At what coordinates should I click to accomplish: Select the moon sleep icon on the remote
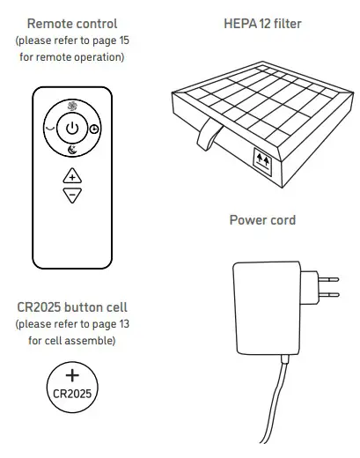[73, 150]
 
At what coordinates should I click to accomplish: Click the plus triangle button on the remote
[73, 176]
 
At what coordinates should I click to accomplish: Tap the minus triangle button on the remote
[73, 194]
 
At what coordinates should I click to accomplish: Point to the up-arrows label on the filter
[261, 159]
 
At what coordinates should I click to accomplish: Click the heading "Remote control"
[73, 24]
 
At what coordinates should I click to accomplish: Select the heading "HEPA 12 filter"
[262, 24]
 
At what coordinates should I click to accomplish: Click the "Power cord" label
[262, 219]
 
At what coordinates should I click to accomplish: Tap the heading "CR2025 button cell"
[73, 308]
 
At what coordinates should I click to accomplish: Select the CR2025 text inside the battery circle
[73, 390]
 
